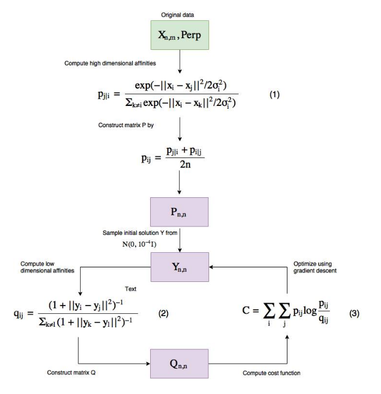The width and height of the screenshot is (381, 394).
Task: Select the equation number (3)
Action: click(354, 313)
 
